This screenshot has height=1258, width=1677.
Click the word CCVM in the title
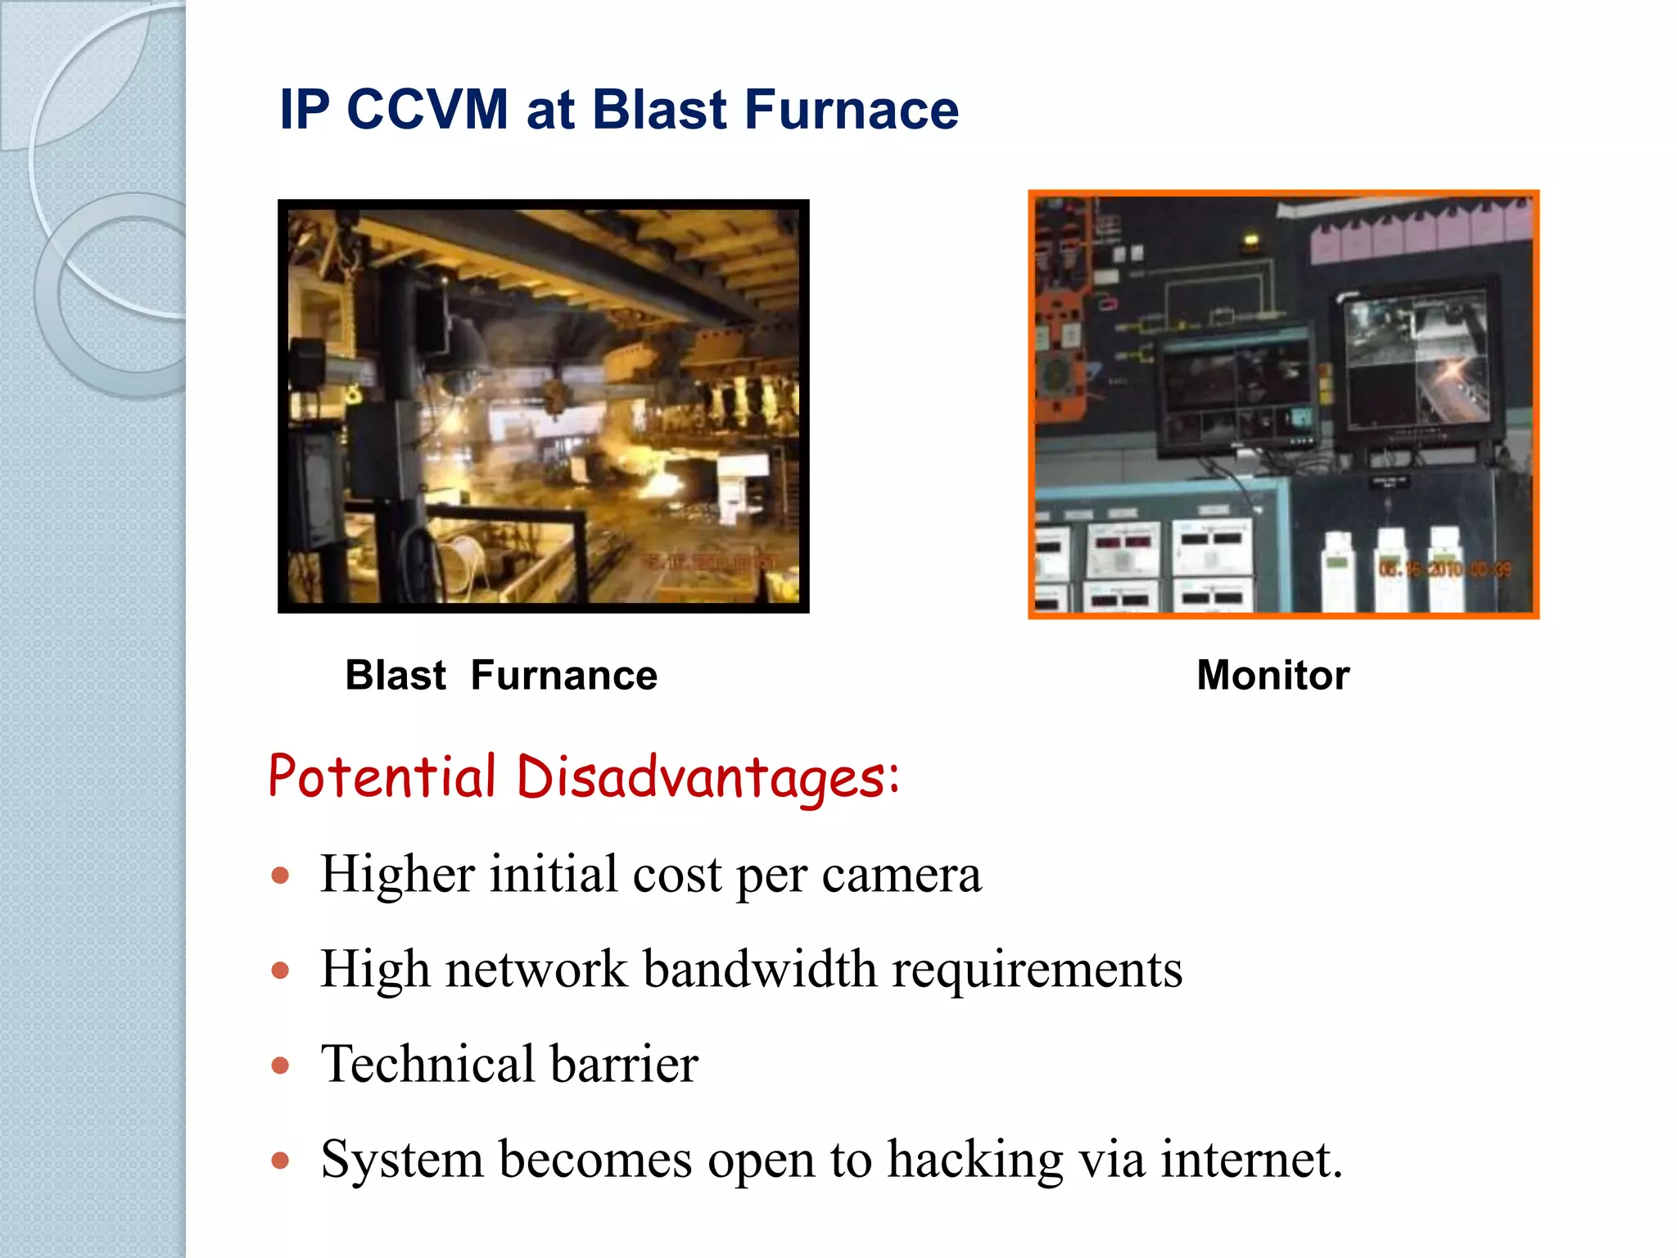(427, 109)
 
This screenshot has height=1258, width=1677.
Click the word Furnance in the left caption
(563, 676)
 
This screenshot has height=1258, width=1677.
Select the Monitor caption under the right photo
(1272, 676)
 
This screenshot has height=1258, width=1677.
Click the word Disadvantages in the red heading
(708, 776)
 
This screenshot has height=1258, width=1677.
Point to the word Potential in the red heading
(382, 776)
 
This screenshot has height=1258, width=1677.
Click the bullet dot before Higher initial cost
(281, 876)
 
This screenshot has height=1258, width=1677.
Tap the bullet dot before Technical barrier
(281, 1066)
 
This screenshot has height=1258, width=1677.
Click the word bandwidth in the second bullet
(760, 970)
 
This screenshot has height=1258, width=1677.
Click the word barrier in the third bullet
(624, 1064)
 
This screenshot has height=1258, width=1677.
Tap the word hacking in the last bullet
(975, 1161)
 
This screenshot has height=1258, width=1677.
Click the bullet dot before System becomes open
(281, 1161)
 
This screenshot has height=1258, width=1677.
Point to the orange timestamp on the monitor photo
(1444, 568)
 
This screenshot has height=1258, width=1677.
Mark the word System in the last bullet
(402, 1161)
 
